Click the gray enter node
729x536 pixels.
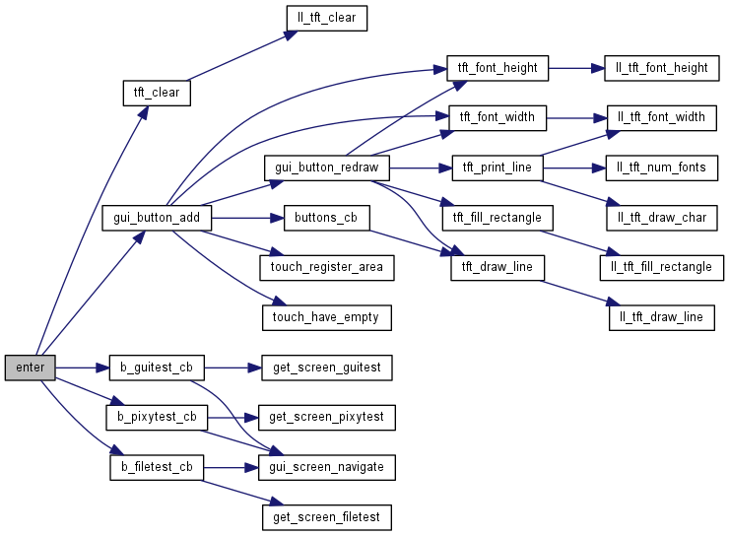31,368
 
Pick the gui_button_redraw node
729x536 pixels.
328,167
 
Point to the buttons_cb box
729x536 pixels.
326,218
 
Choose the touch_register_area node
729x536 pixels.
327,267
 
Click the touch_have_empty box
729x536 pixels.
326,316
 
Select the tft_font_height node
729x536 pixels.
497,68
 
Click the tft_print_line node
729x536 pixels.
497,167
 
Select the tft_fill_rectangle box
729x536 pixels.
497,217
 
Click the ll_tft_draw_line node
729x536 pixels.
661,316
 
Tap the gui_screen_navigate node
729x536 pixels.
327,466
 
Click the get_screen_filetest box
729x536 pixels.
327,516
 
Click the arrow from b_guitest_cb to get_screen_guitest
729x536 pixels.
232,368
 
